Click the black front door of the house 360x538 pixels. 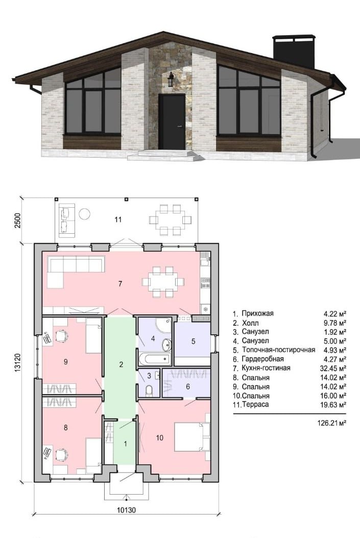click(x=172, y=122)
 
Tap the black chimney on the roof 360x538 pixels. click(x=294, y=52)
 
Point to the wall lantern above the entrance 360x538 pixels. click(x=171, y=80)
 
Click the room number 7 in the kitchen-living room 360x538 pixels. click(x=120, y=284)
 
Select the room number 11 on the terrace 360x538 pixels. click(x=118, y=219)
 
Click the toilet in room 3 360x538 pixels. click(x=149, y=390)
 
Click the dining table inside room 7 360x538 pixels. click(x=163, y=282)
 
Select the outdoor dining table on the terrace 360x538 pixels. click(x=170, y=219)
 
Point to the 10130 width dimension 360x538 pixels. click(x=126, y=510)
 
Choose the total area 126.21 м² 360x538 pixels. click(x=331, y=423)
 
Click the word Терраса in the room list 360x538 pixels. click(x=255, y=405)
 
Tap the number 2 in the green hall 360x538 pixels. click(x=121, y=364)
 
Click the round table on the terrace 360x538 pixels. click(x=84, y=214)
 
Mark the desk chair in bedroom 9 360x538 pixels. click(x=61, y=336)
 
